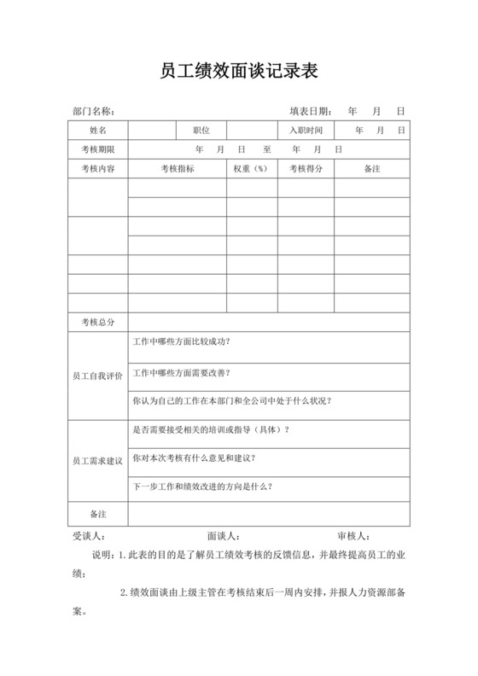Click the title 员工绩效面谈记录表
239,71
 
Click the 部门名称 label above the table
93,112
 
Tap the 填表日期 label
310,112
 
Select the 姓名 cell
98,131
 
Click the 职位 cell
201,131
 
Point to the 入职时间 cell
306,131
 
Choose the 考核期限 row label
98,149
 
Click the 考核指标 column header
178,169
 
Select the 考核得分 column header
306,169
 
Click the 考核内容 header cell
98,169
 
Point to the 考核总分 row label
98,323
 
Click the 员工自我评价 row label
98,376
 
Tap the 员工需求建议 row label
98,461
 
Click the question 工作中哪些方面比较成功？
182,341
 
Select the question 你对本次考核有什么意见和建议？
194,457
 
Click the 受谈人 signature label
90,535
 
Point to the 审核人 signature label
353,535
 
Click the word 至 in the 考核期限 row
267,149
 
